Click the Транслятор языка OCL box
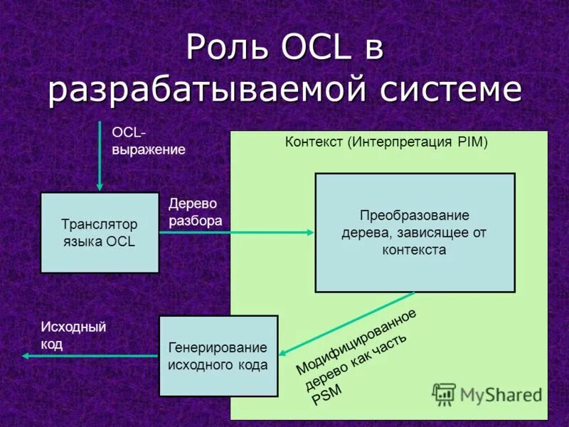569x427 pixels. click(x=100, y=233)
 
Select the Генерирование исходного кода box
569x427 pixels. click(x=218, y=356)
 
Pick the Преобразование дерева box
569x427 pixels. click(x=415, y=233)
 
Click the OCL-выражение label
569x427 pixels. click(x=148, y=141)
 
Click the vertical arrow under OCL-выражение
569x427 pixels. click(x=100, y=157)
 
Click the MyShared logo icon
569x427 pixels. click(x=445, y=394)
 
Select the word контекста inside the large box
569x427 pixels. click(x=415, y=250)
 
